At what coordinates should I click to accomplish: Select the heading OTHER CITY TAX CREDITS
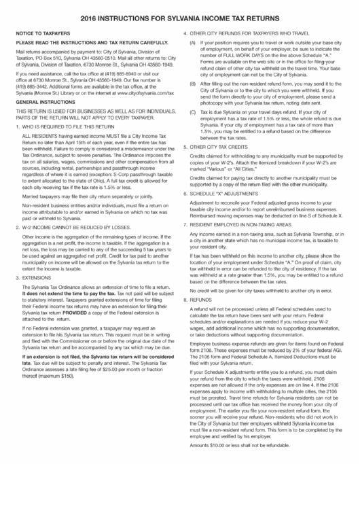click(x=230, y=165)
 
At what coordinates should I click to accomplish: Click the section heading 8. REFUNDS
click(x=213, y=317)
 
